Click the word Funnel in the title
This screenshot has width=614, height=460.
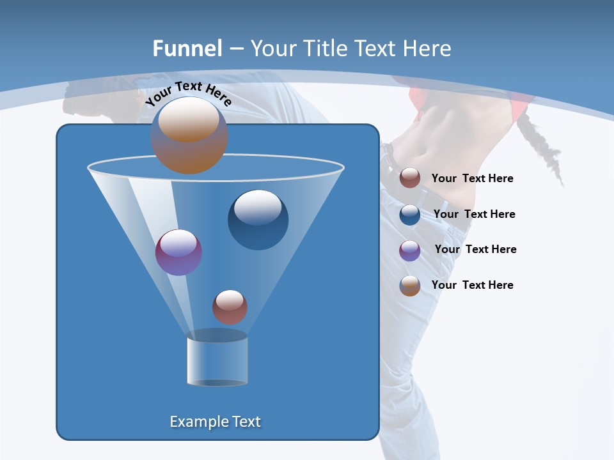pos(187,49)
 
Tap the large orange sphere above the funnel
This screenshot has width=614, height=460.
pos(189,135)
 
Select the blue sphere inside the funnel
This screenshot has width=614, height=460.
pos(258,219)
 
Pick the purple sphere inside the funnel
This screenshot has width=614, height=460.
pos(178,252)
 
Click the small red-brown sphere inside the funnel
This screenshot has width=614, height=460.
pos(230,307)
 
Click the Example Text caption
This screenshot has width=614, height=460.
pos(216,422)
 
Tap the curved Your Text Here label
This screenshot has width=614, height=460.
pos(189,93)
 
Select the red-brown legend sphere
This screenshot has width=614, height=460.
pos(410,178)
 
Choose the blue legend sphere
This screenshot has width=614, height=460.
pos(410,214)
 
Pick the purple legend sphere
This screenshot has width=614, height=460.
pos(410,250)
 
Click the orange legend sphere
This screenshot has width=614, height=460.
pos(410,286)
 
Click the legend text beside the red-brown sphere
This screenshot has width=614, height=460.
pos(472,178)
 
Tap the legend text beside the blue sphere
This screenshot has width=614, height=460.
pos(474,214)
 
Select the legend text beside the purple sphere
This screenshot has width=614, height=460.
pos(475,249)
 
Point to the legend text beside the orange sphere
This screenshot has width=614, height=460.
pos(472,285)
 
